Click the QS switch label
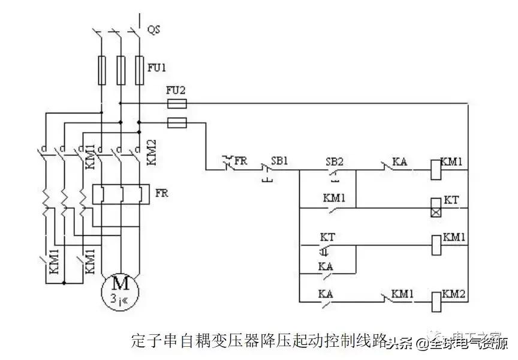point(154,28)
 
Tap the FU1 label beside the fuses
point(156,68)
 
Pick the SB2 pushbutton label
point(334,161)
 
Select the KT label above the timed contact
point(327,237)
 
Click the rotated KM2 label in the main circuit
point(152,152)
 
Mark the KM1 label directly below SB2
point(333,197)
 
